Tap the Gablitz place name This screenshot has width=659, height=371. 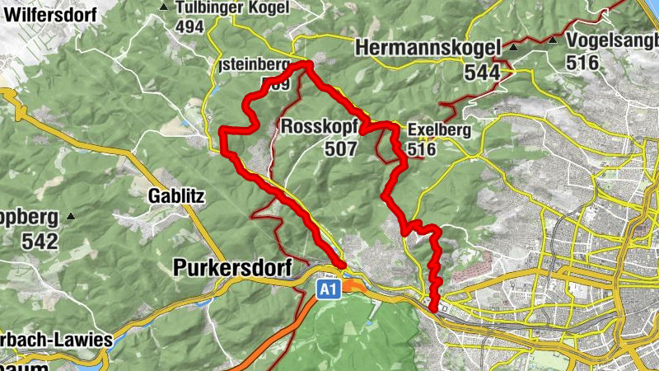175,195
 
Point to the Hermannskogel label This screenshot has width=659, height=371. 428,49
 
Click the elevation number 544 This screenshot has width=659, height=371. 482,73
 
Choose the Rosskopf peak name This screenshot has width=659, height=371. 319,127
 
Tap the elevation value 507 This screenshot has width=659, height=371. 340,149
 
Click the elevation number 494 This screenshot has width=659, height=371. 189,26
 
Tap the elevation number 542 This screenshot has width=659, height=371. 41,242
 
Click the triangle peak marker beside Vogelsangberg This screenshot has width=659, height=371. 554,40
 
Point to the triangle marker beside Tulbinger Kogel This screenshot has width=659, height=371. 165,7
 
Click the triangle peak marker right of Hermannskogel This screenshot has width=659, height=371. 513,48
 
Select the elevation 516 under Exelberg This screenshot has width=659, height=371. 420,150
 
